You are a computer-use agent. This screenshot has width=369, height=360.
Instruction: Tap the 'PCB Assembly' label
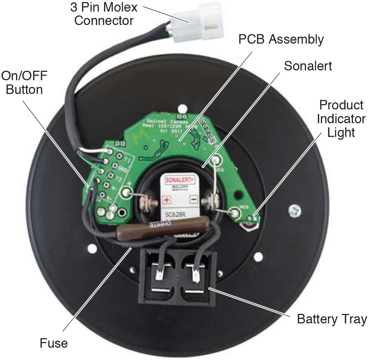click(281, 39)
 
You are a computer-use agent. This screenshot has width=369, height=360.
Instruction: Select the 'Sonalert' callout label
click(308, 66)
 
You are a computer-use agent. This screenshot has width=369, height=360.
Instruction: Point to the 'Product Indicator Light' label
click(341, 119)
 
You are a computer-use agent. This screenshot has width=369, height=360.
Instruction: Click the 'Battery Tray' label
click(332, 319)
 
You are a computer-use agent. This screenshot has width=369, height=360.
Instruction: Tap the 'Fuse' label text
click(54, 342)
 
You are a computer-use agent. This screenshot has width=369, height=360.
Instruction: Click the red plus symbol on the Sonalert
click(166, 200)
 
